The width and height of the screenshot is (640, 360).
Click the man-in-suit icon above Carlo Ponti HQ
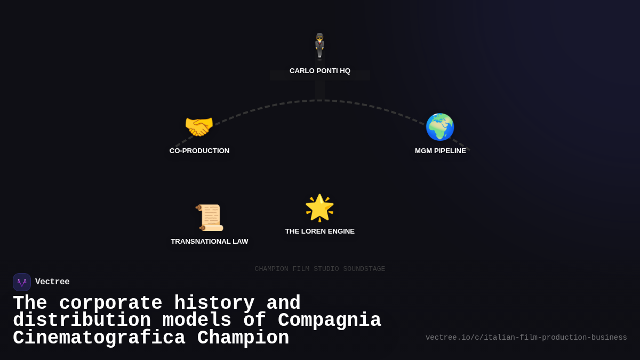click(319, 46)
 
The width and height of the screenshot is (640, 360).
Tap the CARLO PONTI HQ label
click(320, 71)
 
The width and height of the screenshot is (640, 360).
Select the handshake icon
click(199, 127)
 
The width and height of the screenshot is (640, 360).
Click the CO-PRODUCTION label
click(199, 151)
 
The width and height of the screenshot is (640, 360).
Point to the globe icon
click(440, 127)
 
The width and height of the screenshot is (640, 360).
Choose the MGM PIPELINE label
click(441, 151)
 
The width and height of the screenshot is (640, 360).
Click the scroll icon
click(210, 217)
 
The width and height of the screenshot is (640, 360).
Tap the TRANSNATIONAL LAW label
click(210, 242)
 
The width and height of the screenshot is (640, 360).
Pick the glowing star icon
click(319, 207)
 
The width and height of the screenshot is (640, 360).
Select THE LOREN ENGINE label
click(320, 231)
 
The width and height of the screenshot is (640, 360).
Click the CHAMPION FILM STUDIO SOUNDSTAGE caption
click(320, 269)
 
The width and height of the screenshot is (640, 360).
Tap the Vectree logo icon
click(22, 282)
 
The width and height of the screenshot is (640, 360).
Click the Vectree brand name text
click(52, 282)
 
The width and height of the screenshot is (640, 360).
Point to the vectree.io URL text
click(526, 338)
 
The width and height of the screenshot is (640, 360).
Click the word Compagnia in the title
click(330, 321)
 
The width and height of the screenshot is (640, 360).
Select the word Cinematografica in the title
click(99, 338)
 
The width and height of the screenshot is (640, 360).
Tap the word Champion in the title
click(243, 338)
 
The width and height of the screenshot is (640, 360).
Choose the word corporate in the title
click(110, 303)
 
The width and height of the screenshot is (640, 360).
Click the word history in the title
click(214, 303)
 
